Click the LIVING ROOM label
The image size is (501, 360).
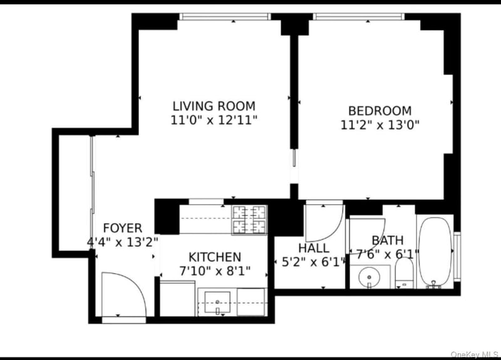tap(214, 106)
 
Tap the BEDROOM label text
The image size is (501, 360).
tap(380, 111)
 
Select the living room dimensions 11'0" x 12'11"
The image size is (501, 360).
tap(214, 120)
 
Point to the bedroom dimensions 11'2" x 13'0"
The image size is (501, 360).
tap(380, 125)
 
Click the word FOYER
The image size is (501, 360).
tap(123, 228)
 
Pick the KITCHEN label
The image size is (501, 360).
tap(215, 257)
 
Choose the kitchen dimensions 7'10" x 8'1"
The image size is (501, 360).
tap(215, 271)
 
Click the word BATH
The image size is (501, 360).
tap(388, 240)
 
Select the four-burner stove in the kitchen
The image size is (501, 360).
tap(249, 220)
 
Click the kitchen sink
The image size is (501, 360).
tap(217, 302)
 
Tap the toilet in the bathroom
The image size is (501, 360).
tap(404, 272)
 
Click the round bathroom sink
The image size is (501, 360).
tap(369, 277)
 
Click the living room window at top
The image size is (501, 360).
tap(225, 16)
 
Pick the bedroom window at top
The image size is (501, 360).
tap(359, 16)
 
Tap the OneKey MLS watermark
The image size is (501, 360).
tap(475, 354)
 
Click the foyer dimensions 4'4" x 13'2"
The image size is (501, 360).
tap(123, 242)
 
